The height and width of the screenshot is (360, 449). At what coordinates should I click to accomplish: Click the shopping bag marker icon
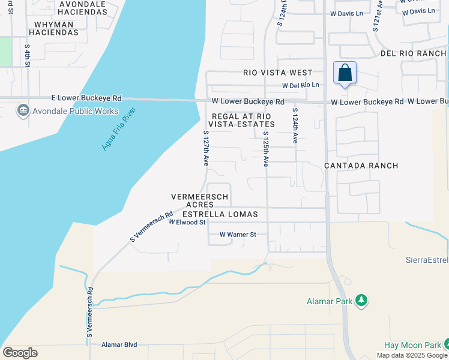345,74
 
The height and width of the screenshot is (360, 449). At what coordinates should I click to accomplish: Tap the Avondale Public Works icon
23,110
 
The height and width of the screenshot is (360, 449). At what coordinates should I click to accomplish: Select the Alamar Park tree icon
361,300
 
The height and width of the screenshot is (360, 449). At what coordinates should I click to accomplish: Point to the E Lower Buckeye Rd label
86,98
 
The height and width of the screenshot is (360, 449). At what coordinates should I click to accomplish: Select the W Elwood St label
187,222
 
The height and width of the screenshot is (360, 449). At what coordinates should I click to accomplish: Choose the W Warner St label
238,235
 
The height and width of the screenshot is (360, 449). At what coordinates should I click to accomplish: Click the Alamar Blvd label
119,344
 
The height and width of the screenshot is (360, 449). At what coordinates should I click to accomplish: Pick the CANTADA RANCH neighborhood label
361,165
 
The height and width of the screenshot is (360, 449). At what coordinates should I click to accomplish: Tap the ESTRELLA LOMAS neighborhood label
220,214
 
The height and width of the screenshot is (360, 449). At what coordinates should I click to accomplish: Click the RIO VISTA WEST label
278,73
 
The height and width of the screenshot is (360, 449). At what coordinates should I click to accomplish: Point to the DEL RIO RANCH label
414,53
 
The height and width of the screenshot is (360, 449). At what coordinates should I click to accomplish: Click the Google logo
20,353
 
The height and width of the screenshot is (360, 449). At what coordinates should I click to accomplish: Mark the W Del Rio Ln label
300,85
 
